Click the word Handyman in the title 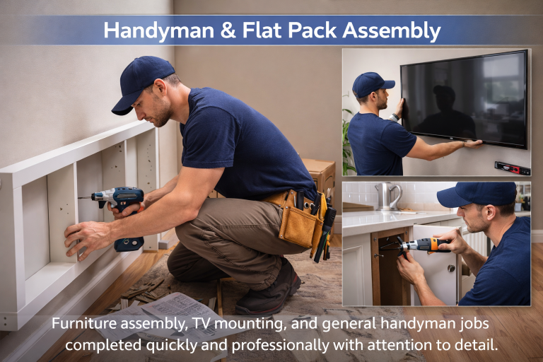pos(159,30)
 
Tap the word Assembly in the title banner pos(392,30)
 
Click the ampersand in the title pos(228,30)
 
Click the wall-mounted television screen pos(464,100)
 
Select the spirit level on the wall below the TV pos(513,168)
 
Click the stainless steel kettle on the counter pos(389,197)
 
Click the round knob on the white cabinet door pos(451,268)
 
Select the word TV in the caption pos(201,324)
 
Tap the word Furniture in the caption pos(84,324)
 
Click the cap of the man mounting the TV pos(373,84)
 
